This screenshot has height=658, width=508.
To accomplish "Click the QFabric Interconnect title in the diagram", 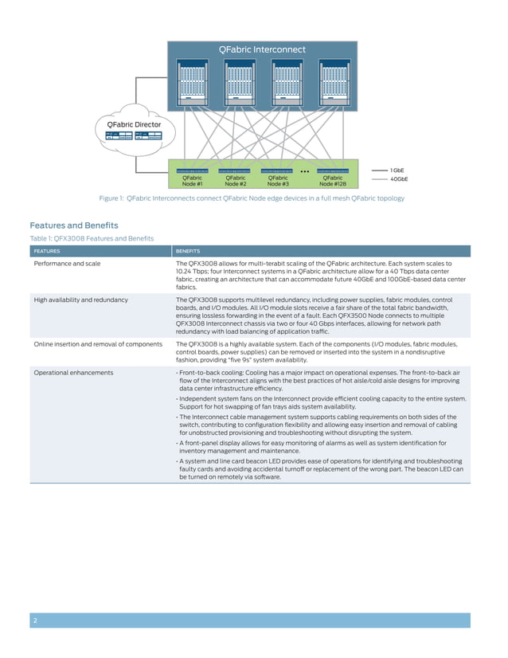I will pyautogui.click(x=261, y=49).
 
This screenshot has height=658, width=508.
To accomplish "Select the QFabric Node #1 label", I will pyautogui.click(x=193, y=181).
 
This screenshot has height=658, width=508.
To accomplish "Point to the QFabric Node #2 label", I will pyautogui.click(x=235, y=181).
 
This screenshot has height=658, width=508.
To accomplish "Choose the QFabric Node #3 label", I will pyautogui.click(x=277, y=181).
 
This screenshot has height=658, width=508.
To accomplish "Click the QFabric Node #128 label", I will pyautogui.click(x=333, y=181).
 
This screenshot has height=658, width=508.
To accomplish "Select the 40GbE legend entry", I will pyautogui.click(x=399, y=179).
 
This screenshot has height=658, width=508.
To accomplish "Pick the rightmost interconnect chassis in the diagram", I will pyautogui.click(x=332, y=79).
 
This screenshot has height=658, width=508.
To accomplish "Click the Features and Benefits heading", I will pyautogui.click(x=73, y=225).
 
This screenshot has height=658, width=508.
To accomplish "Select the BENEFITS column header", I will pyautogui.click(x=188, y=251).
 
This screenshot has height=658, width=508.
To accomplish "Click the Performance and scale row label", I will pyautogui.click(x=67, y=263).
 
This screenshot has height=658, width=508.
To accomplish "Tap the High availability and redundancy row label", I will pyautogui.click(x=80, y=300).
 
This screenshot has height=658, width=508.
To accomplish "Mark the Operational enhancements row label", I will pyautogui.click(x=73, y=372).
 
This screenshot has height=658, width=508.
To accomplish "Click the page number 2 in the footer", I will pyautogui.click(x=35, y=620).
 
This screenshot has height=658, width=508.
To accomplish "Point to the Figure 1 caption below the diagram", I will pyautogui.click(x=252, y=198).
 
